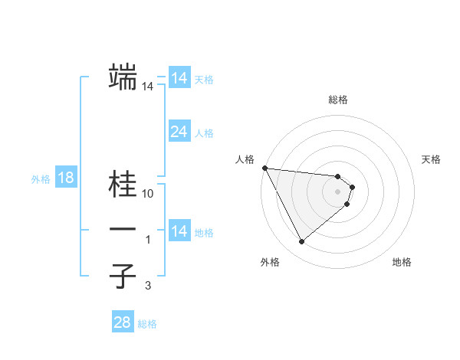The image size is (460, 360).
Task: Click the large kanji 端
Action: [123, 77]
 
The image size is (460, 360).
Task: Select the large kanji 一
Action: [123, 230]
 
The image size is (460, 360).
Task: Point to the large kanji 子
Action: [123, 276]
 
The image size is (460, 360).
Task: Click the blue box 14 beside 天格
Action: [179, 77]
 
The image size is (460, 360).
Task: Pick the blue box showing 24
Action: [179, 132]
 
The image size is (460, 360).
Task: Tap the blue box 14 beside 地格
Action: [179, 231]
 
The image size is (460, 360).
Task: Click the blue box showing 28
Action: [123, 322]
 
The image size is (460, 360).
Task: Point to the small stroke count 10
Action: [148, 194]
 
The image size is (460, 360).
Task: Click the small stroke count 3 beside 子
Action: [148, 286]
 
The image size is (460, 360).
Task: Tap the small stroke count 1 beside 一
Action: [148, 240]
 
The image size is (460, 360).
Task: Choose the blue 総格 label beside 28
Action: [147, 324]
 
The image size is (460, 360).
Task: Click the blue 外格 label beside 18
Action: [41, 179]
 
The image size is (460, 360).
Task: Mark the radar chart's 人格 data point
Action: [264, 168]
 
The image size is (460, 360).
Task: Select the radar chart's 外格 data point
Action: [301, 242]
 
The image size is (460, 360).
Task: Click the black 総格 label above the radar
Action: [338, 100]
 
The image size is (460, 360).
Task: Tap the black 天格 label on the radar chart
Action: [432, 159]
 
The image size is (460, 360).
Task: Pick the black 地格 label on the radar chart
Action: [402, 262]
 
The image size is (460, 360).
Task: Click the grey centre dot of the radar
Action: [338, 191]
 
